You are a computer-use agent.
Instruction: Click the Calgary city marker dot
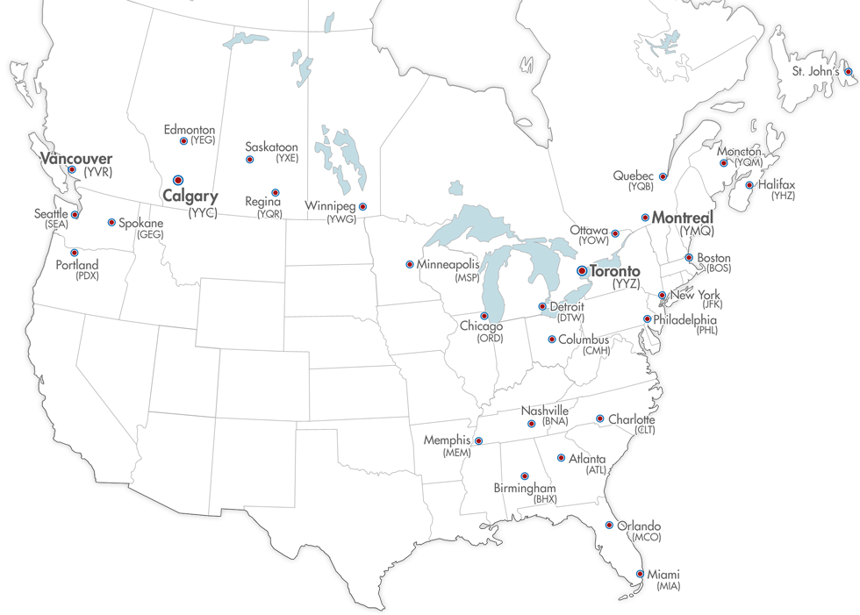tap(178, 179)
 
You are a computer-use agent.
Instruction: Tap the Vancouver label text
tap(75, 158)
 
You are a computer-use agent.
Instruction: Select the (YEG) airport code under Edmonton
tap(203, 140)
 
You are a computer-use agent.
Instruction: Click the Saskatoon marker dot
tap(249, 160)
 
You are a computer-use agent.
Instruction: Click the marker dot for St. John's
tap(848, 71)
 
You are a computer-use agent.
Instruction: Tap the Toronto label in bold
tap(615, 271)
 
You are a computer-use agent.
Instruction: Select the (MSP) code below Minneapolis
tap(466, 277)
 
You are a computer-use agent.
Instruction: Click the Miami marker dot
tap(640, 575)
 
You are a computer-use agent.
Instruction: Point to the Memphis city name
tap(448, 440)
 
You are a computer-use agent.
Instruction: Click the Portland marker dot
tap(75, 253)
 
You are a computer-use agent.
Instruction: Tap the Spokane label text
tap(141, 224)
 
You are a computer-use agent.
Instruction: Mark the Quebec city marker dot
tap(663, 176)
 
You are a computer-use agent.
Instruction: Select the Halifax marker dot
tap(749, 185)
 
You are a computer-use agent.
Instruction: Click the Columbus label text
tap(584, 339)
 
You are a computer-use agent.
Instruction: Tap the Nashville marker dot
tap(532, 424)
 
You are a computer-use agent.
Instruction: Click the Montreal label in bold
tap(684, 217)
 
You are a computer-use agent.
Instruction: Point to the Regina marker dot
tap(276, 192)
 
